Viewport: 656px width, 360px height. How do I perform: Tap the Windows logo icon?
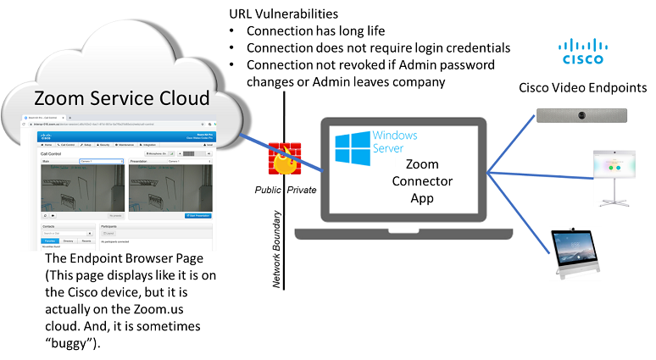click(350, 147)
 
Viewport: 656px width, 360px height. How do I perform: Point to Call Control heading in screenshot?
click(53, 154)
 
